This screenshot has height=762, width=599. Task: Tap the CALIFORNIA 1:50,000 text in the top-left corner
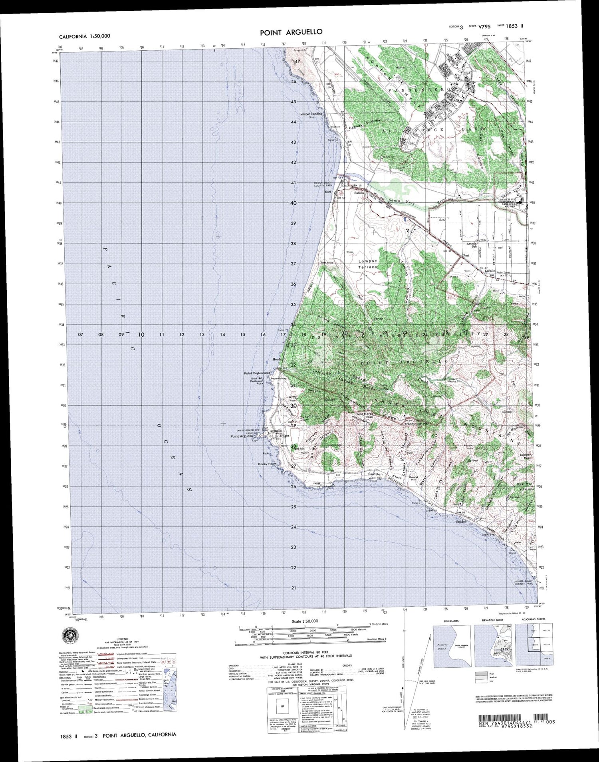(85, 36)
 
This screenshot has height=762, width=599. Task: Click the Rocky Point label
(268, 464)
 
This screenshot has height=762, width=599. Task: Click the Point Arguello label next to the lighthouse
(241, 437)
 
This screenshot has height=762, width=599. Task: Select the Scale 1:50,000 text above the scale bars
(305, 621)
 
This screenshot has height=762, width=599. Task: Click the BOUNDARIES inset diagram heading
(451, 621)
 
